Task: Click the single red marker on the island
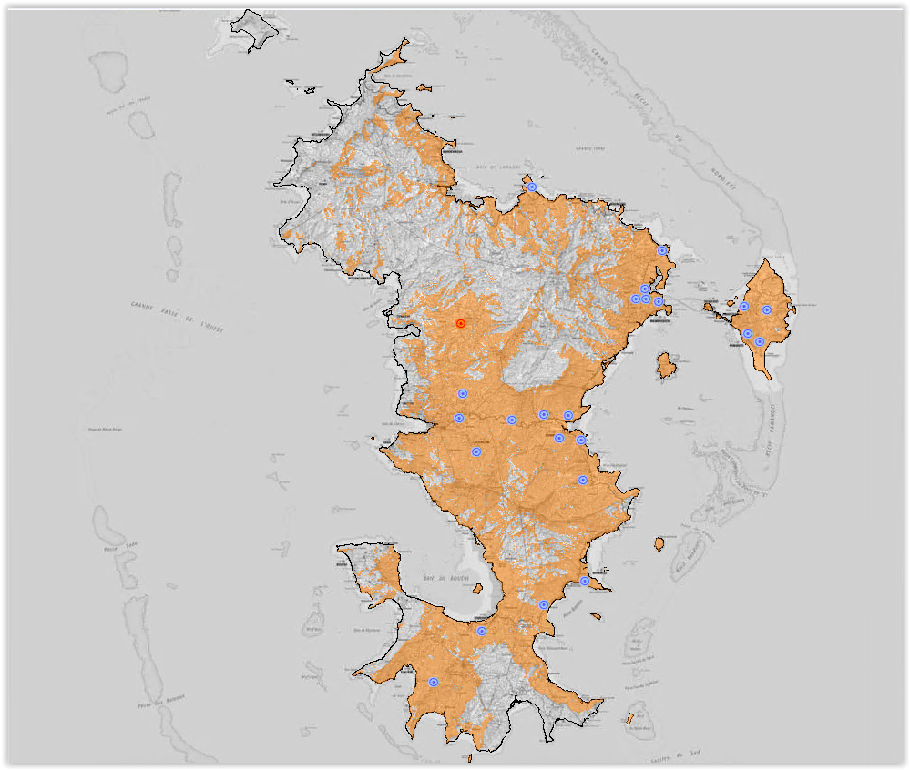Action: tap(461, 323)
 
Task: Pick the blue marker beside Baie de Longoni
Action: tap(532, 187)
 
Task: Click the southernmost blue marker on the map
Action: tap(434, 682)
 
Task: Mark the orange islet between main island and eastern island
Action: tap(667, 367)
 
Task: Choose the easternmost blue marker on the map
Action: tap(767, 310)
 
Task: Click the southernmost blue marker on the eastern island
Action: tap(760, 341)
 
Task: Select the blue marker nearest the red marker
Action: tap(463, 393)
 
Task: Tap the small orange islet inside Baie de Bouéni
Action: tap(475, 589)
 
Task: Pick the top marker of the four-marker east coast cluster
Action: tap(645, 289)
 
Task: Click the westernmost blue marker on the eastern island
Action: tap(744, 307)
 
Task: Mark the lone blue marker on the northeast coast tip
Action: tap(663, 250)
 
